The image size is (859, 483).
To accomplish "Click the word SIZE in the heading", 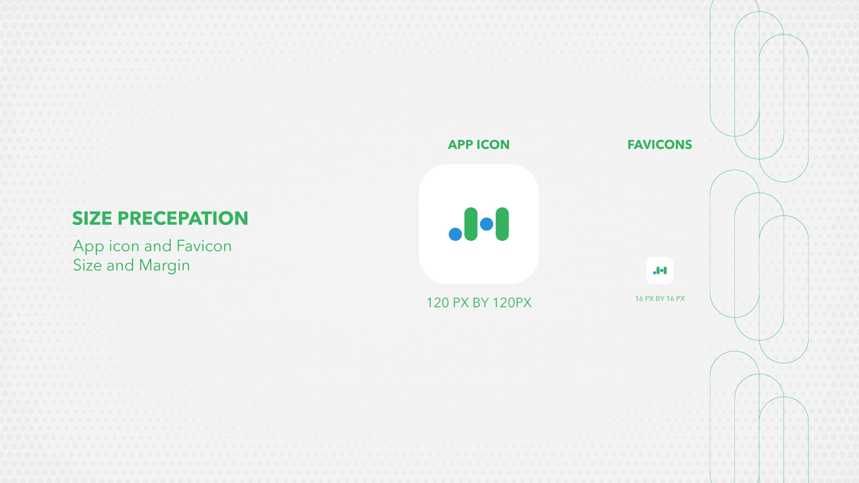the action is click(x=92, y=218).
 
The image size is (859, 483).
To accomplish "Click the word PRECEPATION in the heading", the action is click(x=183, y=218).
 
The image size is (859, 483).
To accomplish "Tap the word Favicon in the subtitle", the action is click(x=204, y=246).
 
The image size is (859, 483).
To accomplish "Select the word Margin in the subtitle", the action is click(x=165, y=266).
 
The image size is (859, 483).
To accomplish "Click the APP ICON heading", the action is click(x=479, y=144).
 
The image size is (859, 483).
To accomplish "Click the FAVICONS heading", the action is click(x=659, y=144).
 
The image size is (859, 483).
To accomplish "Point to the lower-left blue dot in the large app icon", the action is click(x=455, y=234).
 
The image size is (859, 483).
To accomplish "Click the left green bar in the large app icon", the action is click(x=471, y=224).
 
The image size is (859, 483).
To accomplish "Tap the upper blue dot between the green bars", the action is click(x=486, y=224).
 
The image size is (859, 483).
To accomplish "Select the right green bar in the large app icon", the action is click(x=502, y=224).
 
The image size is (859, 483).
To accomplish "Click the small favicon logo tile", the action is click(x=660, y=271).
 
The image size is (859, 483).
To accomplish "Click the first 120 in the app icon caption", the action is click(x=438, y=303).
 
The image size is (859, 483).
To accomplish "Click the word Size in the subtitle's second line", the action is click(x=87, y=265).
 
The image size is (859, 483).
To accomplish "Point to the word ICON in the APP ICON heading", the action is click(x=493, y=144).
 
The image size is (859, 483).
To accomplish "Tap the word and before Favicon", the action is click(x=158, y=246).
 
